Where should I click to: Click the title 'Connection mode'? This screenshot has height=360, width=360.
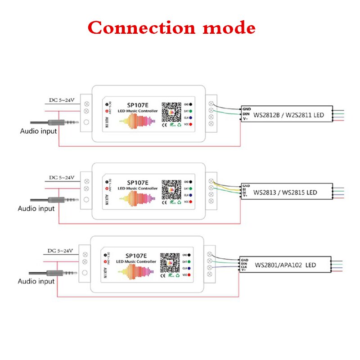171,27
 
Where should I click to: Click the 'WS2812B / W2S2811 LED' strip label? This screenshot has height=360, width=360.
288,116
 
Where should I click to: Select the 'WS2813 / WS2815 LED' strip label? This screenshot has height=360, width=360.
285,193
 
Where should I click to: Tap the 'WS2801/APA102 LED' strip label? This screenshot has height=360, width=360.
285,265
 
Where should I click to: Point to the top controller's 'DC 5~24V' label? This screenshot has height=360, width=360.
62,100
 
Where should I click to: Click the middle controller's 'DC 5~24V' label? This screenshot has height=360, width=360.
60,177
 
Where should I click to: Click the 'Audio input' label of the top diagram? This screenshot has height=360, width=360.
39,131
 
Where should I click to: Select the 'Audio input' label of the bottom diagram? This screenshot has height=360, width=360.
36,281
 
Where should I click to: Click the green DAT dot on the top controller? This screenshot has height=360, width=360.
191,110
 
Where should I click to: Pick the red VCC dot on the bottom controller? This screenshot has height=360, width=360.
189,275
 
